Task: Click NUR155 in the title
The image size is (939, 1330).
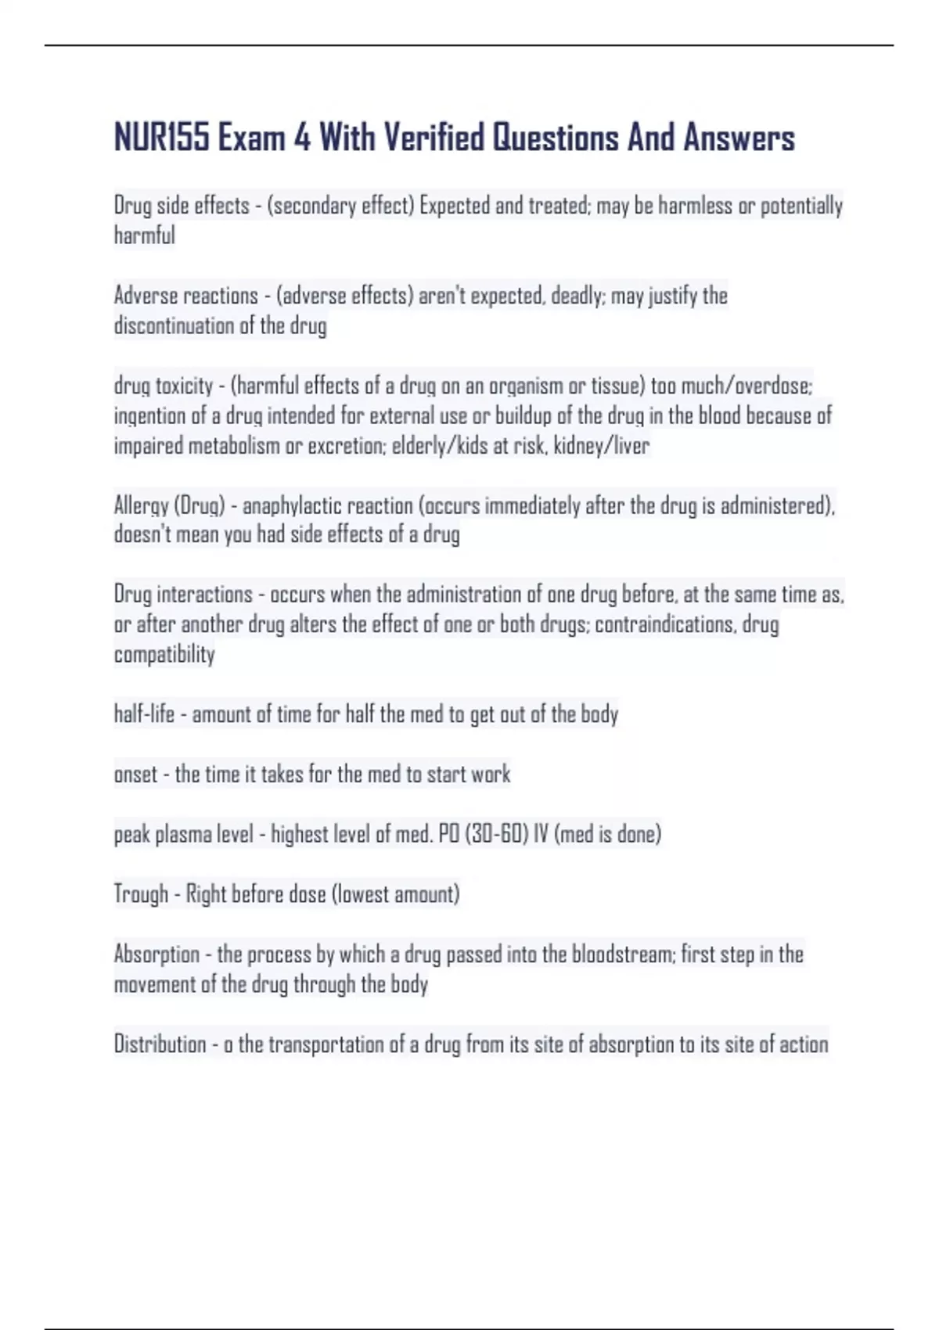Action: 161,138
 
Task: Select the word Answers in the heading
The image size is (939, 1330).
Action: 739,138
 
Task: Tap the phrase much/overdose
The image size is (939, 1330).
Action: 747,386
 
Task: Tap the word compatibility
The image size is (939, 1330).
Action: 164,654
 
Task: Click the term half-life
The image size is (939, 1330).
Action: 144,714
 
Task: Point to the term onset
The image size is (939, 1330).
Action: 135,775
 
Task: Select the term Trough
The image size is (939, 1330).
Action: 141,894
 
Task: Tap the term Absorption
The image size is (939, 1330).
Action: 156,954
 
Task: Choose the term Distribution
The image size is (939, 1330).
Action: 160,1044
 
